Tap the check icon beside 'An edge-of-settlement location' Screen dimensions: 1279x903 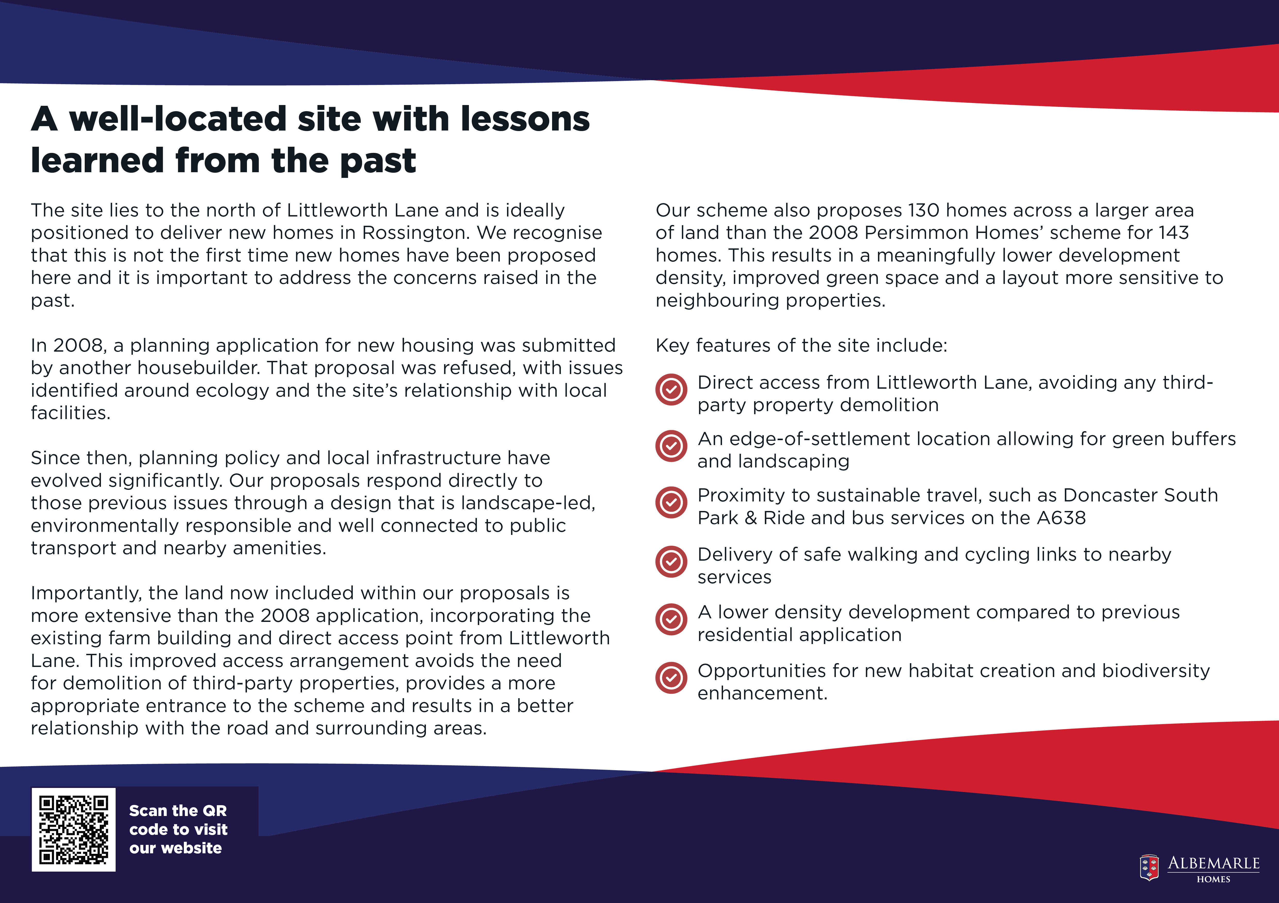pyautogui.click(x=671, y=446)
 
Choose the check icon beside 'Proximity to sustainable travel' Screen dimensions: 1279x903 pyautogui.click(x=671, y=503)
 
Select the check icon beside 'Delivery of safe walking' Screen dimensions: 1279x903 pyautogui.click(x=671, y=562)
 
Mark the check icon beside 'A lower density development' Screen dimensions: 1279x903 pyautogui.click(x=671, y=619)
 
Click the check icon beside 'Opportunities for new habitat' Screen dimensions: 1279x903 pyautogui.click(x=671, y=678)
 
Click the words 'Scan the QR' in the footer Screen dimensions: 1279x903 pyautogui.click(x=178, y=811)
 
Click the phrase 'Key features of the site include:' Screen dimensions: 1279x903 pyautogui.click(x=801, y=346)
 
